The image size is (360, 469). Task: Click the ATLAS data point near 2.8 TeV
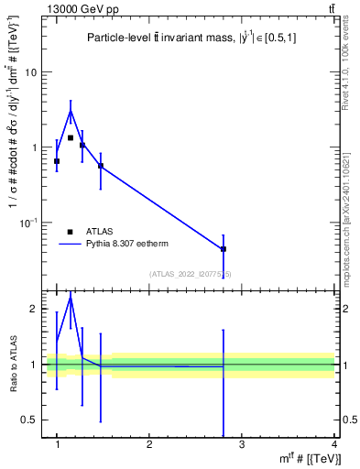(224, 249)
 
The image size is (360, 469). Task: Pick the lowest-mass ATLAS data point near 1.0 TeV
(57, 161)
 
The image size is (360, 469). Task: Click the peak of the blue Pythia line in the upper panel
(71, 111)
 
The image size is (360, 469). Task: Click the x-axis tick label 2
(149, 445)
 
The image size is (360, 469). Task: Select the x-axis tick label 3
(242, 445)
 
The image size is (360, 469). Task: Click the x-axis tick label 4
(334, 445)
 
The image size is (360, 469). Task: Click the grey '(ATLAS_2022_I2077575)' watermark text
(190, 273)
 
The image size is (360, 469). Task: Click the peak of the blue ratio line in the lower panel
(71, 297)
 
